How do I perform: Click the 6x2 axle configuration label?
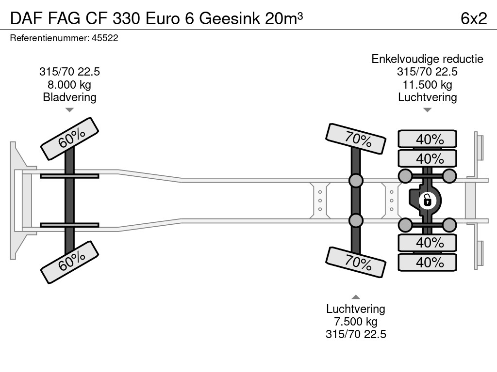pyautogui.click(x=473, y=18)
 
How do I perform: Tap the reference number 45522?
pyautogui.click(x=105, y=38)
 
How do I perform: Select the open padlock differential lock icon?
pyautogui.click(x=427, y=199)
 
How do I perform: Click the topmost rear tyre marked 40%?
pyautogui.click(x=428, y=139)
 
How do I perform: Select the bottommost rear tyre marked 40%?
pyautogui.click(x=428, y=262)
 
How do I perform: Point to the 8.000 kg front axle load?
pyautogui.click(x=69, y=85)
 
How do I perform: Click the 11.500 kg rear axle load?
pyautogui.click(x=427, y=85)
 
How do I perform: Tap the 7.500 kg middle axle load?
pyautogui.click(x=356, y=322)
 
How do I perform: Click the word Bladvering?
pyautogui.click(x=69, y=97)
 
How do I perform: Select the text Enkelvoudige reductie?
pyautogui.click(x=427, y=59)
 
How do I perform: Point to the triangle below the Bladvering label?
pyautogui.click(x=69, y=110)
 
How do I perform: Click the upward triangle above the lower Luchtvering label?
pyautogui.click(x=356, y=297)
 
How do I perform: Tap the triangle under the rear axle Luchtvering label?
pyautogui.click(x=427, y=110)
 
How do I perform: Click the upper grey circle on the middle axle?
pyautogui.click(x=356, y=181)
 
